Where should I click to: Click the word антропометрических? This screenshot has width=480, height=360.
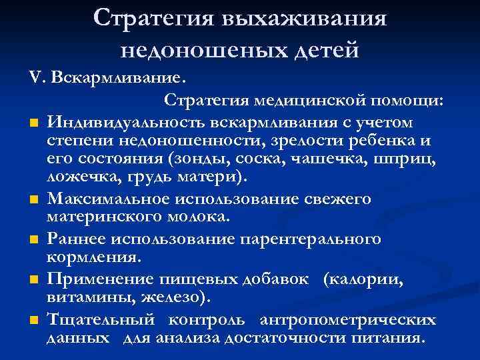point(348,319)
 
